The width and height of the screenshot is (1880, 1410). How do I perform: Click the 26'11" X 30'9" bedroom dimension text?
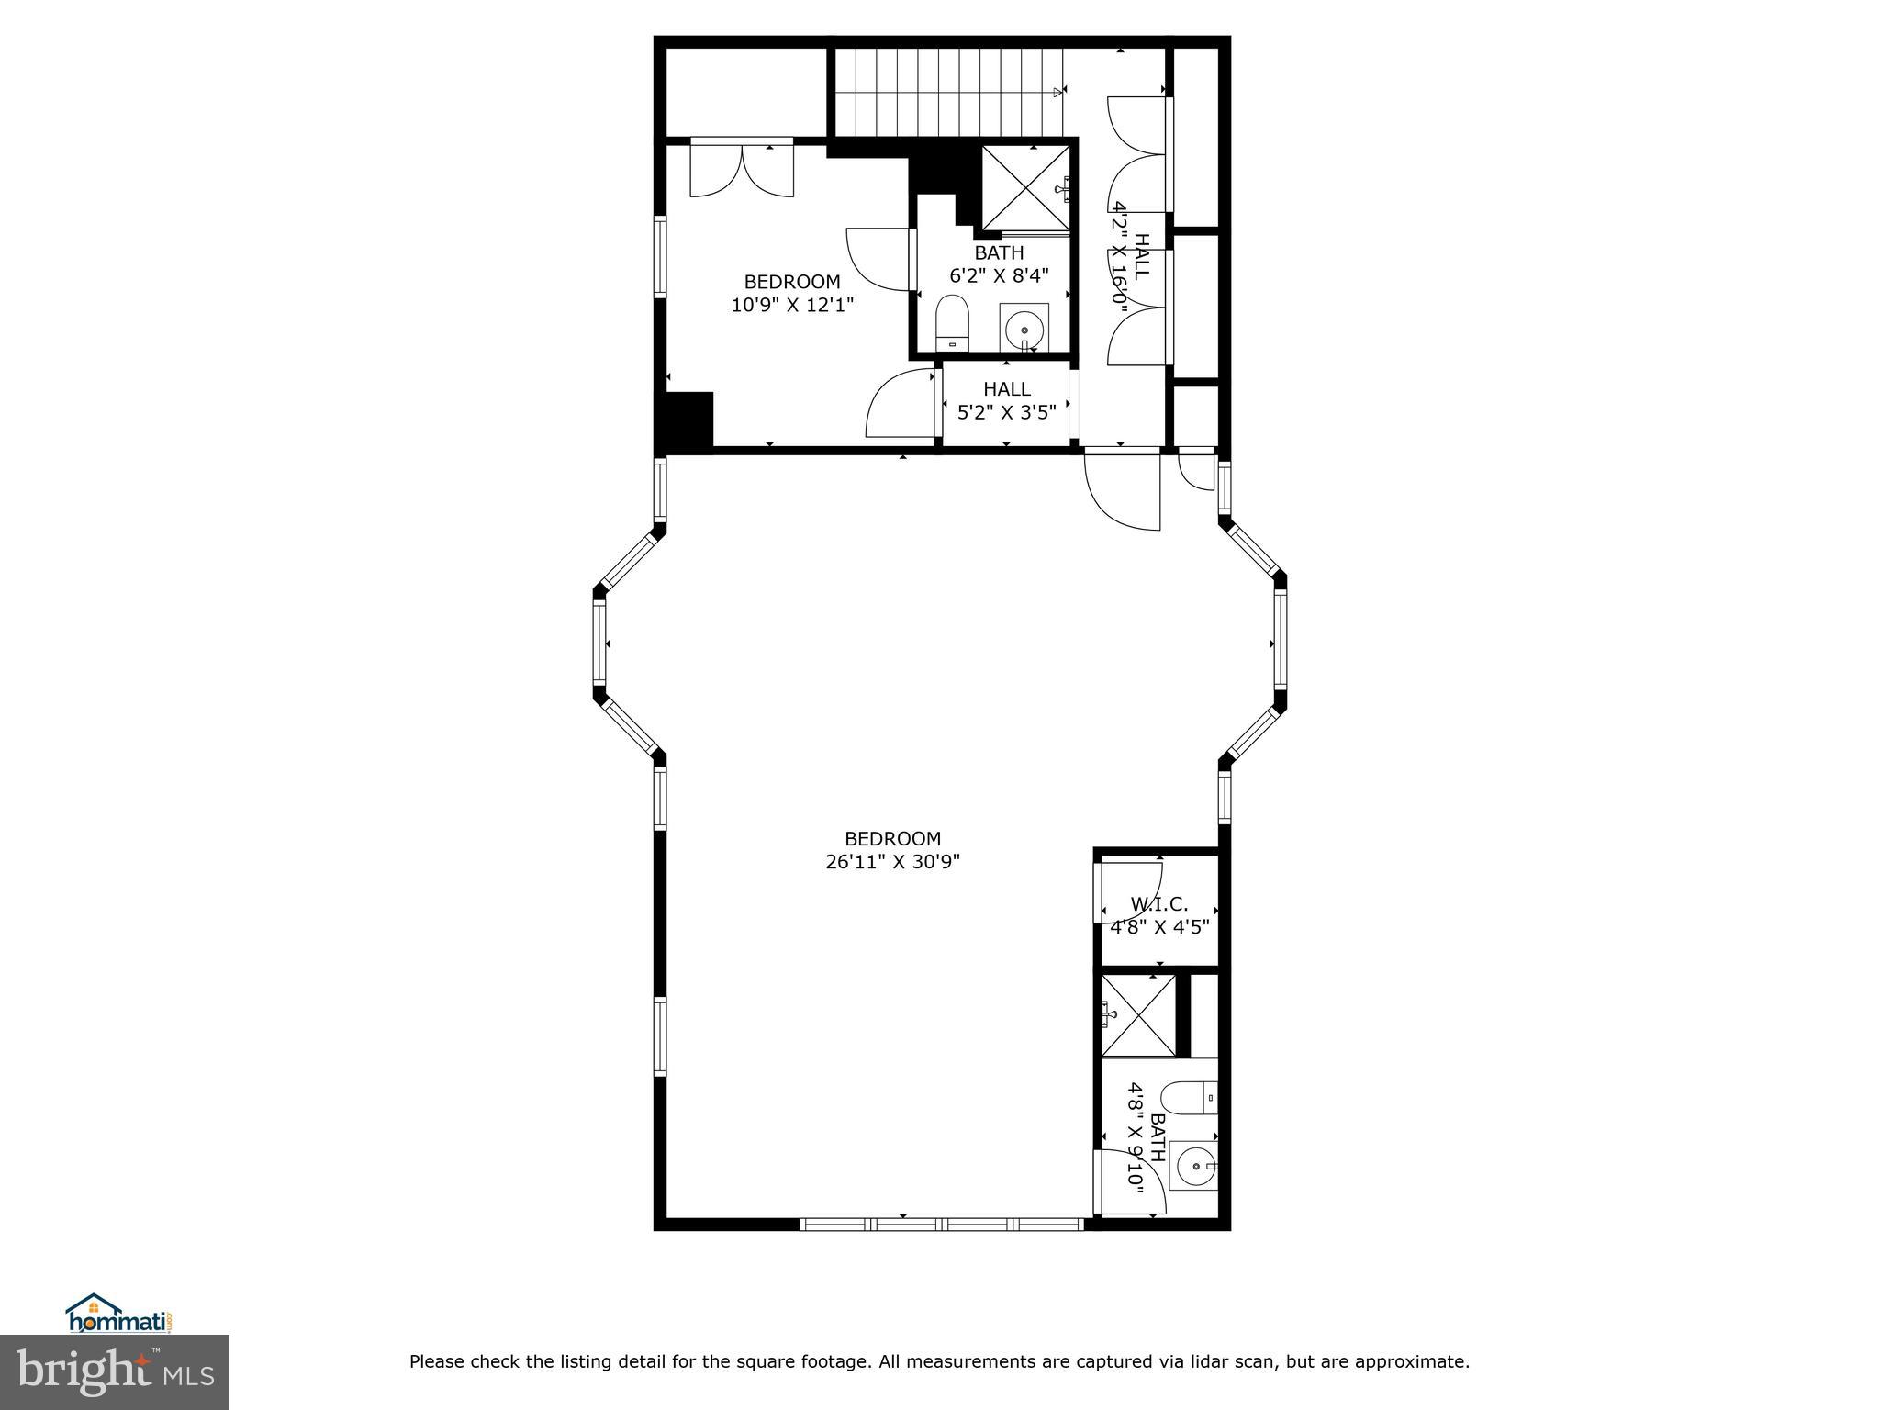point(892,862)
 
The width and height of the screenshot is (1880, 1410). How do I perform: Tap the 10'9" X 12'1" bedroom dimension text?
point(792,305)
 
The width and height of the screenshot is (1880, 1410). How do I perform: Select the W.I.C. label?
point(1158,904)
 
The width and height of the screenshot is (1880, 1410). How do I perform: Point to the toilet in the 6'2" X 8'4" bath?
point(952,322)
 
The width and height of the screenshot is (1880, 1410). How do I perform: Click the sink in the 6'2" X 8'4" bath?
point(1024,328)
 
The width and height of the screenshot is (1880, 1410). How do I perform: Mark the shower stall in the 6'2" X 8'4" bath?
point(1025,186)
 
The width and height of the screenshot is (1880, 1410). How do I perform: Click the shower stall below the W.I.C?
point(1138,1015)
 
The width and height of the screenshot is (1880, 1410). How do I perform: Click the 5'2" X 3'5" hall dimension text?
point(1007,412)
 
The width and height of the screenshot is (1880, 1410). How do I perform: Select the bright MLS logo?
point(115,1373)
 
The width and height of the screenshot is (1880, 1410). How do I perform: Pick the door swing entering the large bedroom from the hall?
point(1122,491)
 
